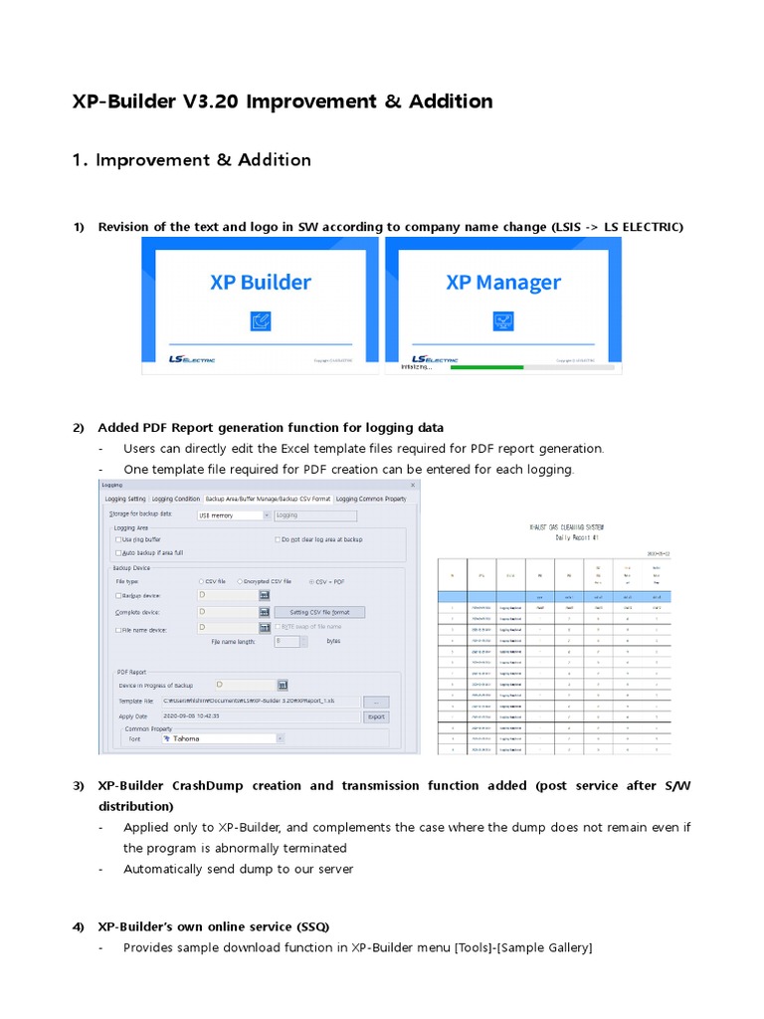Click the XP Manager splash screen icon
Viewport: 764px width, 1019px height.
[503, 320]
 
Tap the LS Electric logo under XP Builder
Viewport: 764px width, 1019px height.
[191, 359]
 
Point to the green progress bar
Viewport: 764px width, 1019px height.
[486, 366]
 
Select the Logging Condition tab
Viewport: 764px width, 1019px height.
[175, 499]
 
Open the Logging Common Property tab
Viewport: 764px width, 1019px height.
[371, 499]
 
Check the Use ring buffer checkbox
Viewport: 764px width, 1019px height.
[118, 539]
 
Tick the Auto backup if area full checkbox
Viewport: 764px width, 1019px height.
[118, 552]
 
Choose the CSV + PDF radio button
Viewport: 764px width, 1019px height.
[310, 581]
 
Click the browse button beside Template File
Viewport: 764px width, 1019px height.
[375, 702]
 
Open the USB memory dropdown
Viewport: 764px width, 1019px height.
[266, 515]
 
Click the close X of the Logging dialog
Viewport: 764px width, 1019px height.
[413, 485]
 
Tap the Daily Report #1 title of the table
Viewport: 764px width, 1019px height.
[566, 536]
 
